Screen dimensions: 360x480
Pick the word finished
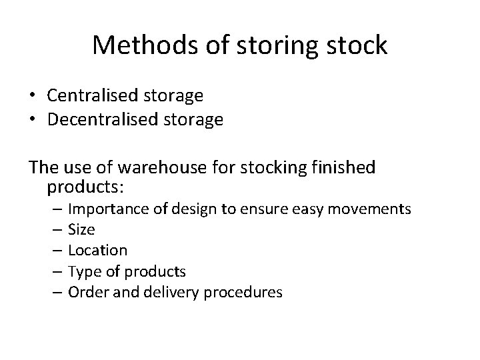343,167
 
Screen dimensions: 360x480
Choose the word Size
81,230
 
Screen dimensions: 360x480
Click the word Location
97,251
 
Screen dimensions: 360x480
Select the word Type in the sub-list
83,271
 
